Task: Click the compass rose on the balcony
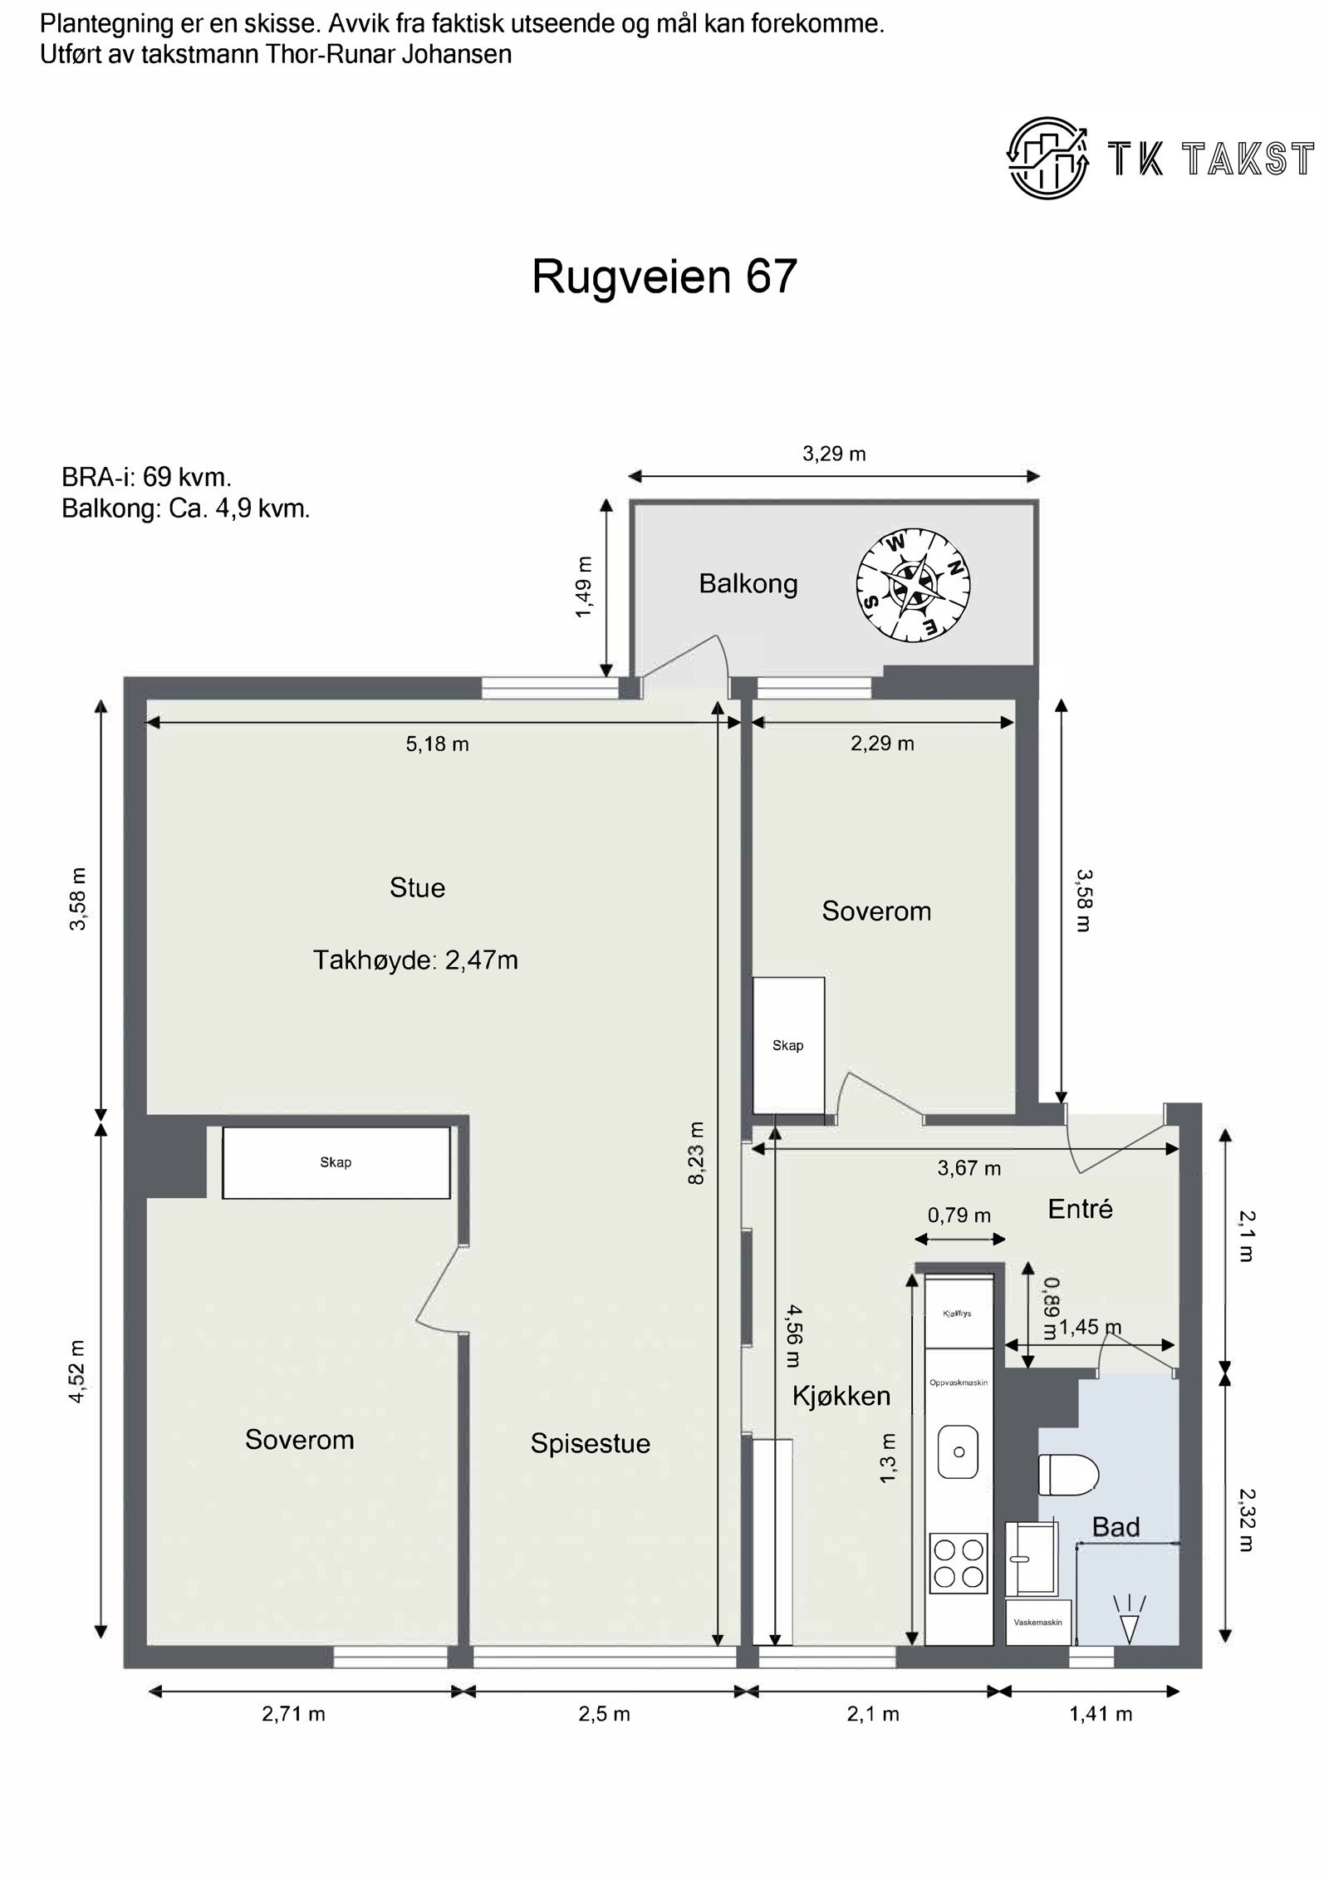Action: click(913, 586)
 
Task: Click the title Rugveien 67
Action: click(664, 276)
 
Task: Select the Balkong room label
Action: click(748, 583)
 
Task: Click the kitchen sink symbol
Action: click(959, 1452)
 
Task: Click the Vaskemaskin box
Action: click(1037, 1621)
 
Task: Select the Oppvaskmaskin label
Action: click(958, 1383)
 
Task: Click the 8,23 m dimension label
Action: click(696, 1152)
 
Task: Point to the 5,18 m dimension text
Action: click(437, 744)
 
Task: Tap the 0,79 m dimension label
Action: click(959, 1215)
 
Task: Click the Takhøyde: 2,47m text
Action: click(415, 960)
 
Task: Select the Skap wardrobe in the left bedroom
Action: click(336, 1162)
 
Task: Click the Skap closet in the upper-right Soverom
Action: click(787, 1045)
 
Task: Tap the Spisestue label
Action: click(590, 1443)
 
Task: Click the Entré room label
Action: click(1080, 1208)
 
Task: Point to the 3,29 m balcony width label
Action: click(834, 454)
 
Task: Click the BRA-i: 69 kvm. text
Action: click(146, 477)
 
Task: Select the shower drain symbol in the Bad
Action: click(1129, 1620)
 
